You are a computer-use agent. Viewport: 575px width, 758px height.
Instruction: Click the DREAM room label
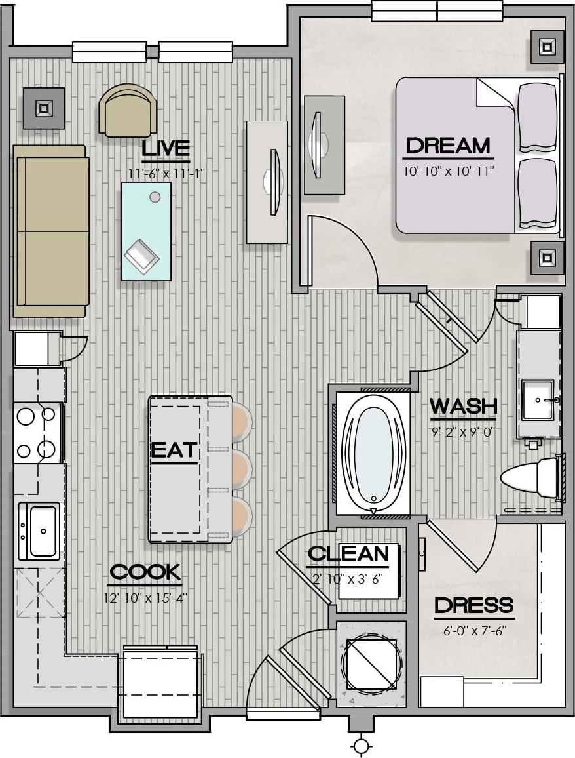coord(448,146)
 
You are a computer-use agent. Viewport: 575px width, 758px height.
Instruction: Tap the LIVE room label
coord(166,149)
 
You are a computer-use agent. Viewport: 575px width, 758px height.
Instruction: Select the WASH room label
coord(464,406)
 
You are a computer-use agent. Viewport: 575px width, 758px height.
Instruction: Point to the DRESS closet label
coord(473,605)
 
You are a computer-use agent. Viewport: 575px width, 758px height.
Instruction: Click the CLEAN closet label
coord(348,553)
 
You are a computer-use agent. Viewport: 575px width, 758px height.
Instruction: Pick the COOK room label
coord(145,572)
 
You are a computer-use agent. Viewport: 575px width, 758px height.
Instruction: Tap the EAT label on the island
coord(174,450)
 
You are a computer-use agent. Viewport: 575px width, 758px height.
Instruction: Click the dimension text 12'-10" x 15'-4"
coord(145,598)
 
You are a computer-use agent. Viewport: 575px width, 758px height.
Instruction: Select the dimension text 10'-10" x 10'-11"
coord(449,170)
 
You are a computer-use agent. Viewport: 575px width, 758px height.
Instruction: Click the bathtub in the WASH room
coord(374,454)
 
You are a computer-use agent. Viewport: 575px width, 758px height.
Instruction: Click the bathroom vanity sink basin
coord(538,400)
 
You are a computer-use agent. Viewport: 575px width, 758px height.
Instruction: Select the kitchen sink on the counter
coord(39,530)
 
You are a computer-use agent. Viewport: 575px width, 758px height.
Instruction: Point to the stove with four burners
coord(37,433)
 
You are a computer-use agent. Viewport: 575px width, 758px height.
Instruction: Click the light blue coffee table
coord(146,231)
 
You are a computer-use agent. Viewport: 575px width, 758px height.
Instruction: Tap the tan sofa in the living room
coord(50,231)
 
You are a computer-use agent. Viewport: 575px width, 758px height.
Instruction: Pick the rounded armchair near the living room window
coord(128,111)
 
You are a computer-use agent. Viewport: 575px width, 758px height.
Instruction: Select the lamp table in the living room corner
coord(44,108)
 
